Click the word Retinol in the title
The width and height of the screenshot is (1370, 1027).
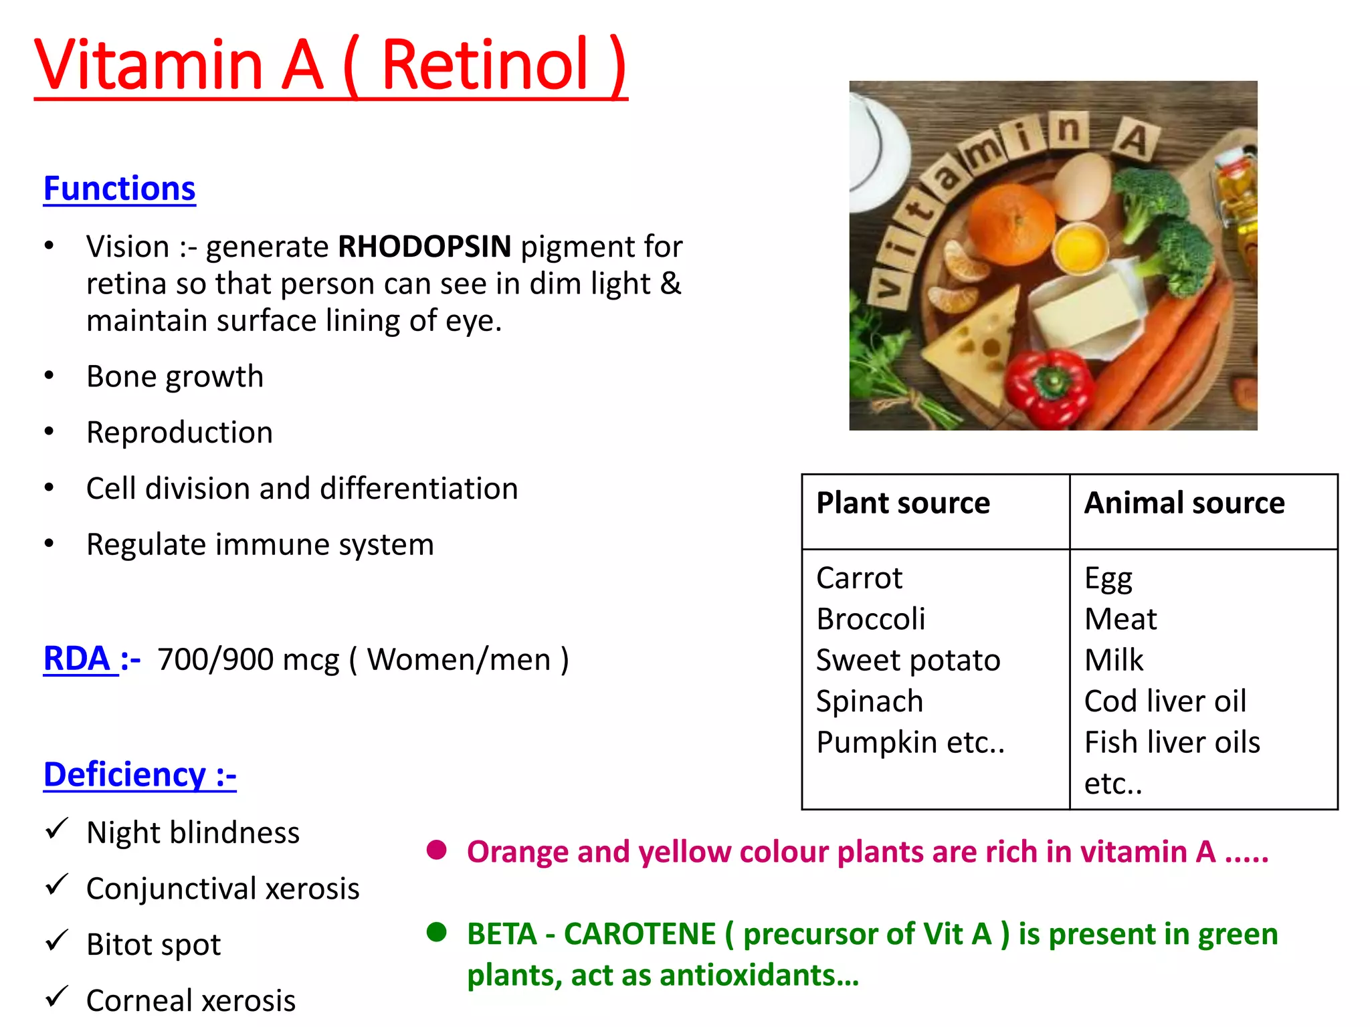pos(484,65)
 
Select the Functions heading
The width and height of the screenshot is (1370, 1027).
pos(120,189)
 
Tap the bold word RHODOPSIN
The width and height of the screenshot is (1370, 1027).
pos(425,247)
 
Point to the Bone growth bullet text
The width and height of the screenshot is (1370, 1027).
pos(175,376)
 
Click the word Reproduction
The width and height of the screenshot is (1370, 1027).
pos(180,433)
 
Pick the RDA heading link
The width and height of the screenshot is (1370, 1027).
pos(78,659)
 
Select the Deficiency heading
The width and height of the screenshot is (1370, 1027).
pos(140,775)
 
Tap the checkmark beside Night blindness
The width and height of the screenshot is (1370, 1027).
pos(57,830)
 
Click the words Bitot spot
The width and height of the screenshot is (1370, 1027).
pos(154,945)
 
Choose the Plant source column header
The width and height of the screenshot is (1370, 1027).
pos(903,503)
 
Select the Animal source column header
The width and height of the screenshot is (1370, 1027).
pos(1185,503)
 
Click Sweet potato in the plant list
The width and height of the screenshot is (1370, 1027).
pos(908,661)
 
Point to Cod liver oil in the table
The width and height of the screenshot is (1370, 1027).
pos(1165,701)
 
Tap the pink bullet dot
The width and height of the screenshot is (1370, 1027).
pos(437,850)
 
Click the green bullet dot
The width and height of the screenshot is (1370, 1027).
pos(437,932)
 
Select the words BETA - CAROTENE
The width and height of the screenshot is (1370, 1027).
pos(591,934)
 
